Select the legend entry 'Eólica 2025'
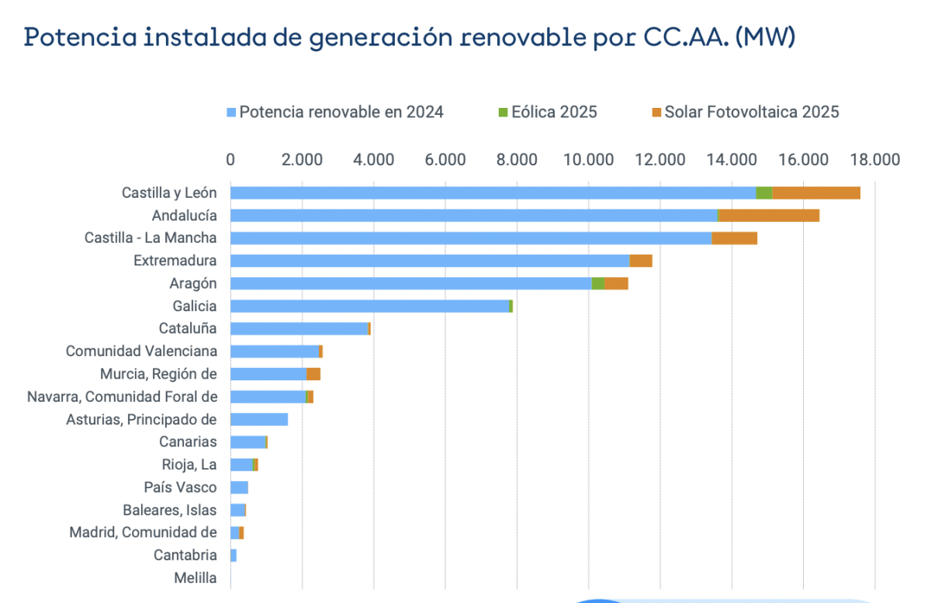point(553,112)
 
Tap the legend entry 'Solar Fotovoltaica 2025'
point(751,112)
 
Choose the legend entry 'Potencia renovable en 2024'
point(341,112)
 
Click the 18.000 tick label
point(874,160)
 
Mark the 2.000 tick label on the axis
point(303,160)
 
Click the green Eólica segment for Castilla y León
point(764,192)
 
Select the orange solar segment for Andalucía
point(769,215)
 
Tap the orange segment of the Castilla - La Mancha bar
point(734,238)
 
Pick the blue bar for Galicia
point(369,306)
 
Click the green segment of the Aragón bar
point(598,283)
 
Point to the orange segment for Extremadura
point(641,261)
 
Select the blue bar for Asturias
point(259,419)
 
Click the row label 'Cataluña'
point(188,328)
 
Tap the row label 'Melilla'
point(196,578)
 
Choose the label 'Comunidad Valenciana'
point(141,351)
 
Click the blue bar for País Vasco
point(239,487)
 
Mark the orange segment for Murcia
point(313,374)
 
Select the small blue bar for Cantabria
point(234,556)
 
